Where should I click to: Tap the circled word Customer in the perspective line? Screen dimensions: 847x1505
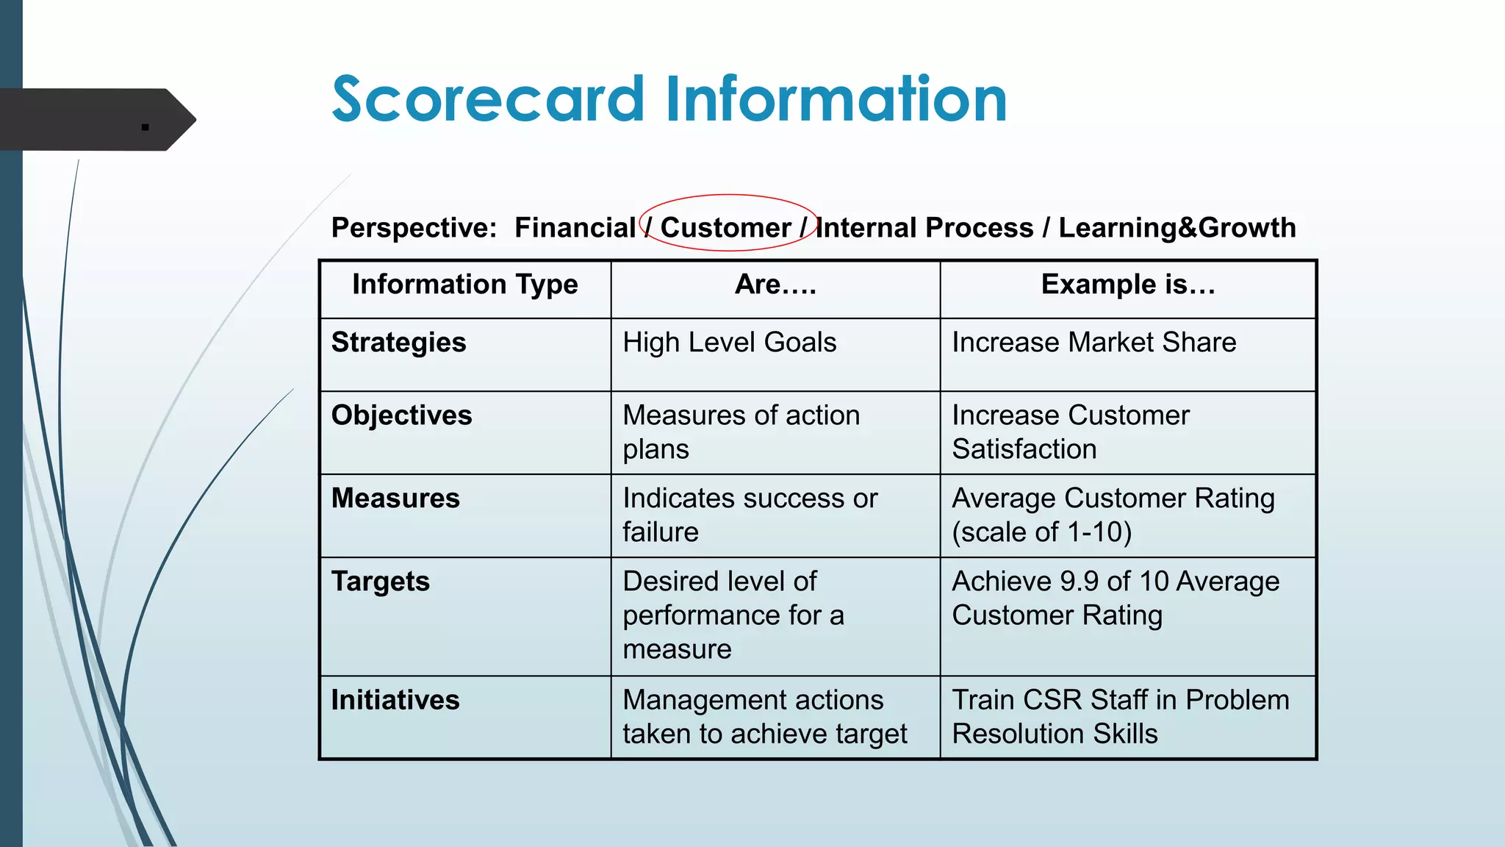(x=725, y=228)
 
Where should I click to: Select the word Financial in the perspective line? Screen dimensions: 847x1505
(x=575, y=228)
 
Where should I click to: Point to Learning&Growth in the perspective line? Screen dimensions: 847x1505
(x=1177, y=228)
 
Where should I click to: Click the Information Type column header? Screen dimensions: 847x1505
(x=464, y=285)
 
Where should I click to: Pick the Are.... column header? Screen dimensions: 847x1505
(x=775, y=285)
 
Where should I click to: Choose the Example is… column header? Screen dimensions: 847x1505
(x=1127, y=285)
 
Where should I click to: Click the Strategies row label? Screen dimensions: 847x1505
(x=398, y=343)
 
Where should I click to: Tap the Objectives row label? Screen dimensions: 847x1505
(x=401, y=415)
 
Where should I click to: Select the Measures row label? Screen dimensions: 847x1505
(x=395, y=498)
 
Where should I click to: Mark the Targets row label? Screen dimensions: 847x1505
(x=380, y=582)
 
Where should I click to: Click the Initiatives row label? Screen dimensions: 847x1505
(x=395, y=700)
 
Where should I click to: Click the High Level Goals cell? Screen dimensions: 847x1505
(x=729, y=343)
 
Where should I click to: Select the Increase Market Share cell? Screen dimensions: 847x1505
(x=1093, y=343)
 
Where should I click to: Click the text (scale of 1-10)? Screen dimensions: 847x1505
(x=1041, y=532)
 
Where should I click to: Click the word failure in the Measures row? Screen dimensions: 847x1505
(x=660, y=532)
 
